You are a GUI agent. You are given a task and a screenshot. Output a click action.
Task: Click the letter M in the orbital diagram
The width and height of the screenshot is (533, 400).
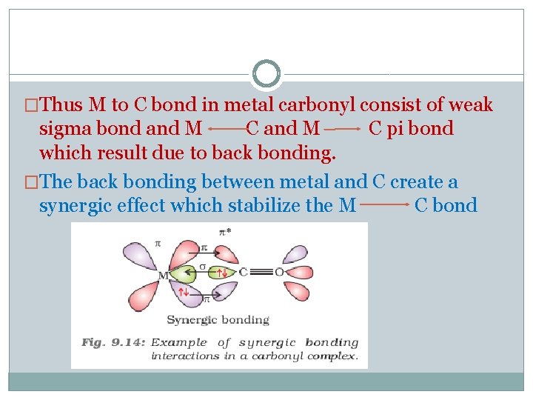pyautogui.click(x=163, y=276)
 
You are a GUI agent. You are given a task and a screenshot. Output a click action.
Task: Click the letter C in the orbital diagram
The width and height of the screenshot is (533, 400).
pyautogui.click(x=243, y=272)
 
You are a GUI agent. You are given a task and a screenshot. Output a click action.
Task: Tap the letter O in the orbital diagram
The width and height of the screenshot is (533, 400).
pyautogui.click(x=279, y=272)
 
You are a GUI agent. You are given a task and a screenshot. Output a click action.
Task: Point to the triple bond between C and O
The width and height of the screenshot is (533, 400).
pyautogui.click(x=261, y=272)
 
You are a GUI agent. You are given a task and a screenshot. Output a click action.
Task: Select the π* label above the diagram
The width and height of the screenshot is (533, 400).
pyautogui.click(x=224, y=232)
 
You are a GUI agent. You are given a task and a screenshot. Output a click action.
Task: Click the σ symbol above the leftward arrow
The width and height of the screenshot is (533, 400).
pyautogui.click(x=203, y=266)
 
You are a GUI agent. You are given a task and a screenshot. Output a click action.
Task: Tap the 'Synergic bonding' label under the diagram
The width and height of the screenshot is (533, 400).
pyautogui.click(x=218, y=320)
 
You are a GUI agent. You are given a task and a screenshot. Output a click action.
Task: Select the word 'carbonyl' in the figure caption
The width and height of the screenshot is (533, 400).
pyautogui.click(x=282, y=356)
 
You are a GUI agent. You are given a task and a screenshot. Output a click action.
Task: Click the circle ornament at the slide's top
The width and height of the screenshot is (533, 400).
pyautogui.click(x=266, y=74)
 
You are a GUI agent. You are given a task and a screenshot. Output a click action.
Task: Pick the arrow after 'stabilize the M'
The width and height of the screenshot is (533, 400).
pyautogui.click(x=386, y=202)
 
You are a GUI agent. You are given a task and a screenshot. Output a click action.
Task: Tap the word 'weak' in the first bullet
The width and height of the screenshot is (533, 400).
pyautogui.click(x=470, y=105)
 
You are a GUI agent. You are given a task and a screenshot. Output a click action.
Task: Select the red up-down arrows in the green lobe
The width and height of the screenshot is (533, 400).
pyautogui.click(x=223, y=274)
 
